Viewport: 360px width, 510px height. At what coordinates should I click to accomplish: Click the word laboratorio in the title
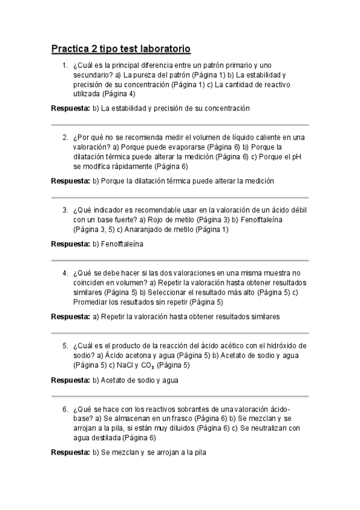point(159,48)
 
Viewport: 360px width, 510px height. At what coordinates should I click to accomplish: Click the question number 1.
point(65,65)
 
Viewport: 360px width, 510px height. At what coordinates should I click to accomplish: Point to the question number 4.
point(65,273)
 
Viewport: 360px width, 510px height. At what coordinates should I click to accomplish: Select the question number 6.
point(65,409)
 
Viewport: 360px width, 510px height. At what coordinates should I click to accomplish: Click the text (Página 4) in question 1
point(118,94)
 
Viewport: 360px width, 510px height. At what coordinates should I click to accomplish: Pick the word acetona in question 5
point(129,355)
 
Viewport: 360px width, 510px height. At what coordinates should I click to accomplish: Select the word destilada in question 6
point(105,438)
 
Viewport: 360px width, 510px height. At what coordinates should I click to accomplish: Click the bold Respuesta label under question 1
point(70,108)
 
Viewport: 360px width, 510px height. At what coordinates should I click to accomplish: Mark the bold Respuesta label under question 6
point(70,452)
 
